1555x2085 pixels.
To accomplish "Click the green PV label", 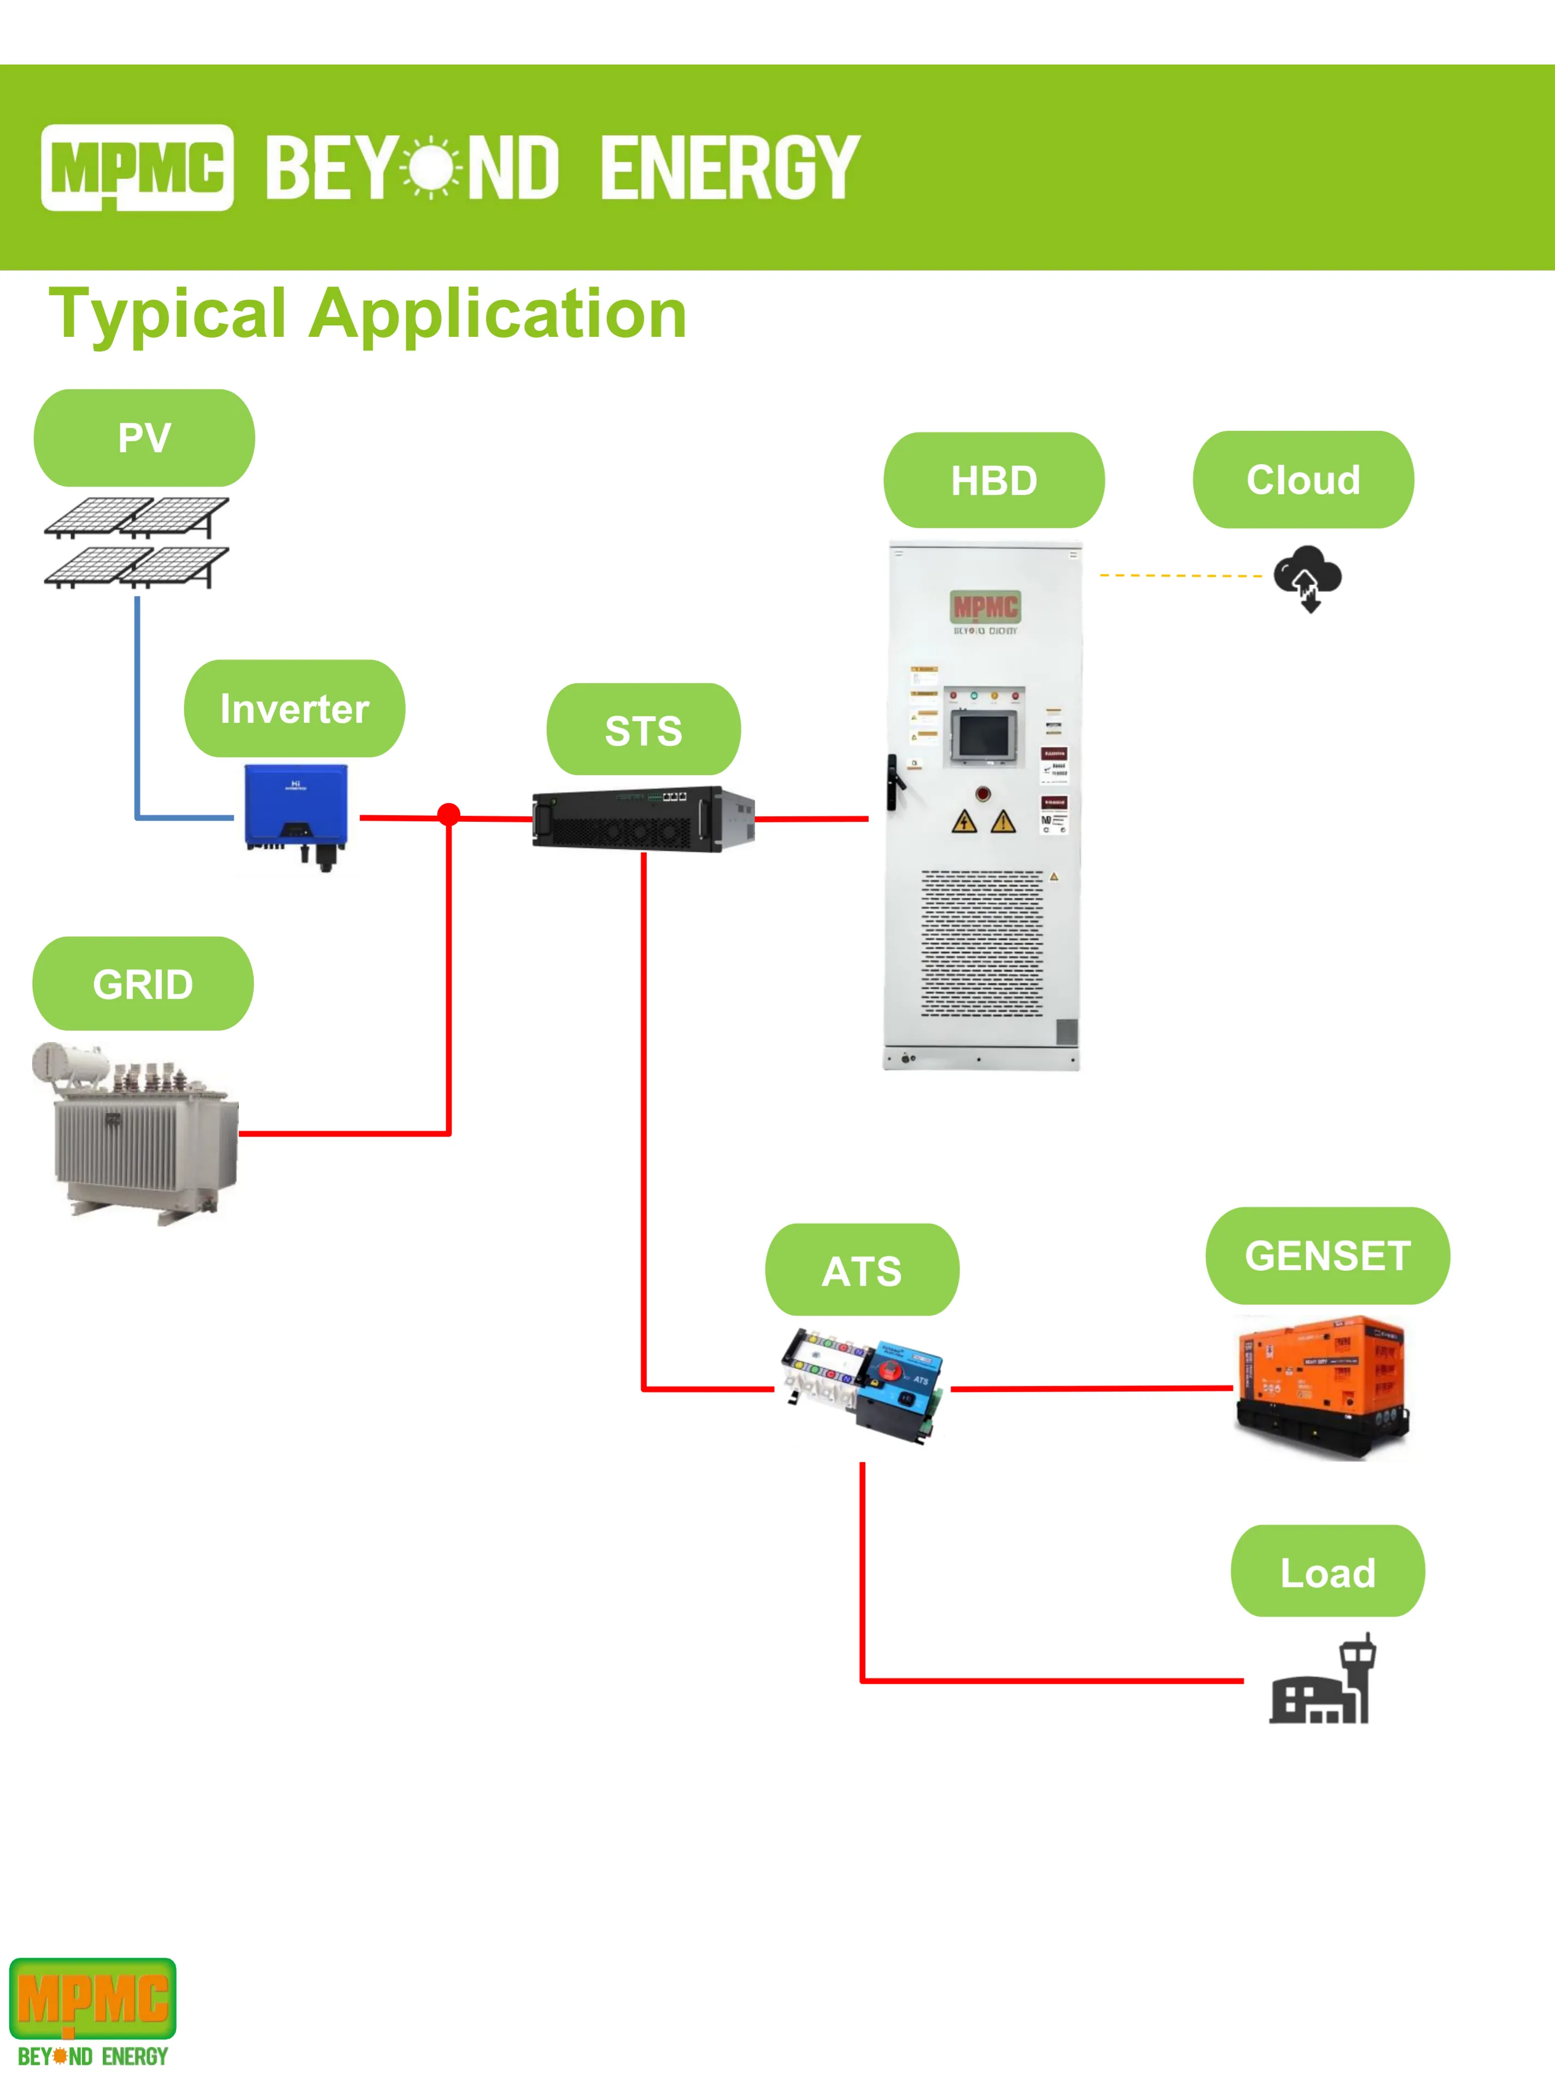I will [x=144, y=437].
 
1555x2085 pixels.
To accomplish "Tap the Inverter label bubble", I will [x=295, y=709].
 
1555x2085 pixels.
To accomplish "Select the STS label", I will [x=644, y=731].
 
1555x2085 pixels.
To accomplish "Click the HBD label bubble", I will [x=994, y=480].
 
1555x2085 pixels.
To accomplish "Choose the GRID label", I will [x=143, y=984].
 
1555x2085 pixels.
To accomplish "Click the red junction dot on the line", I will [x=449, y=814].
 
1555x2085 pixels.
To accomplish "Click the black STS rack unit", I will [x=643, y=819].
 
